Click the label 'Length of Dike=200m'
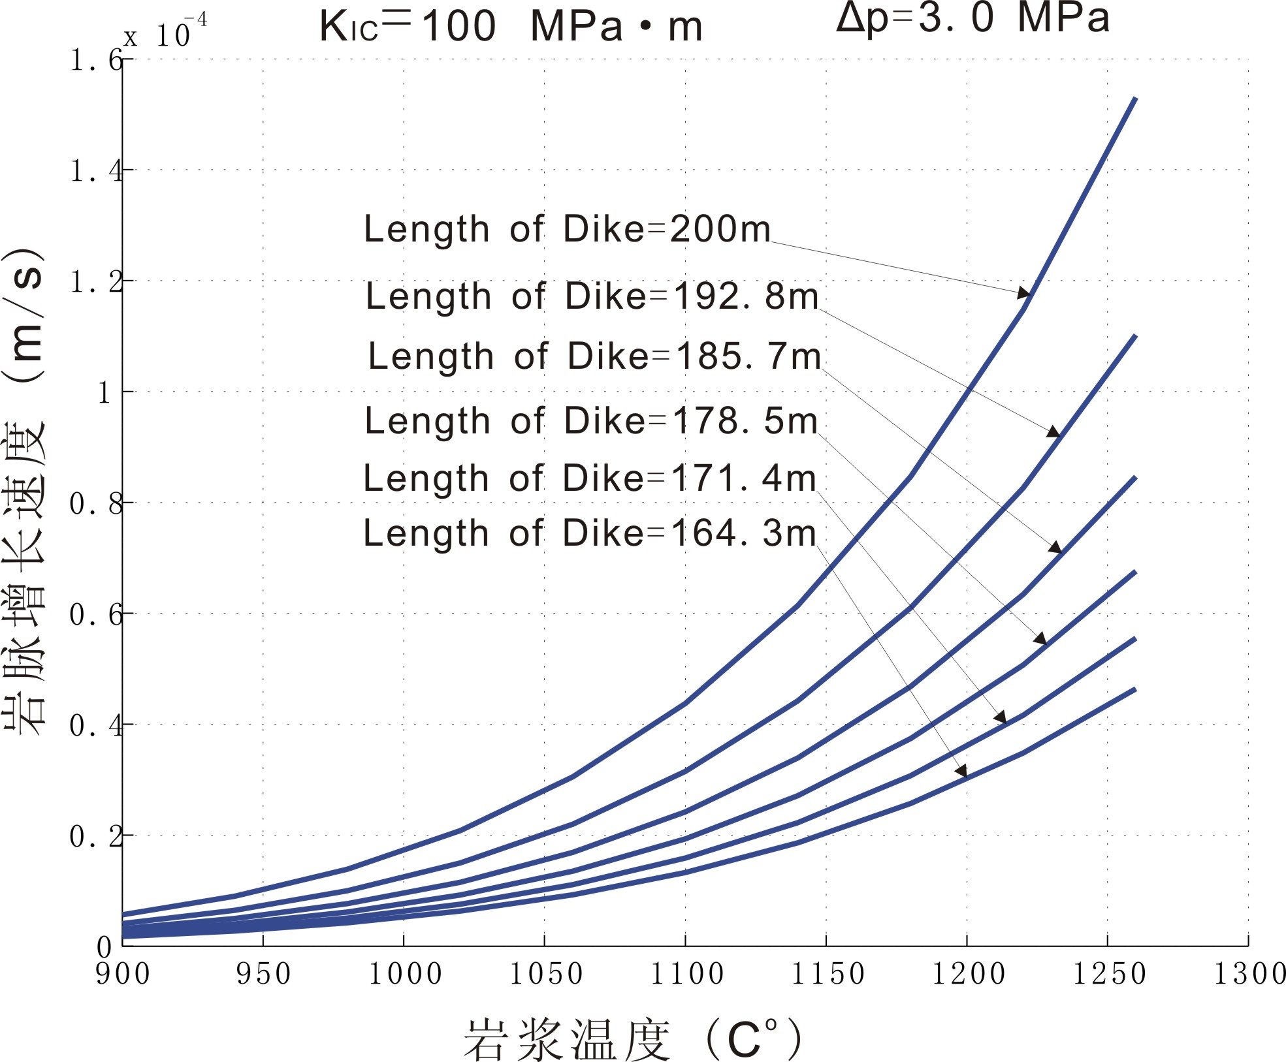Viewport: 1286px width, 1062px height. [567, 229]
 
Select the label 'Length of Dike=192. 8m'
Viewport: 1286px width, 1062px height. [592, 296]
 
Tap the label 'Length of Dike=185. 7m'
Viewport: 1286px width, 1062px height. [594, 356]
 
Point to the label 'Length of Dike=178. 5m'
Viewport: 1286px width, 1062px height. [591, 420]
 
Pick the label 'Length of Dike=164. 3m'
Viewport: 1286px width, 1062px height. [590, 533]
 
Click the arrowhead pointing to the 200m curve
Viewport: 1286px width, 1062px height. [1023, 293]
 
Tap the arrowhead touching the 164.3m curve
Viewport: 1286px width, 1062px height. [961, 772]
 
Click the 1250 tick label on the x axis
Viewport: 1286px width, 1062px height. [1109, 975]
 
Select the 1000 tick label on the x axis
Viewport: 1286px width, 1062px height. [405, 975]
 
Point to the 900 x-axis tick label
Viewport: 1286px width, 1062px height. [123, 975]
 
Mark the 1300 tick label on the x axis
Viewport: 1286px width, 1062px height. [1249, 975]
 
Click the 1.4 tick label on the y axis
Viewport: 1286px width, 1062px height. [96, 172]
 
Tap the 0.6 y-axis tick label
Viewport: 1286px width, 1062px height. [96, 615]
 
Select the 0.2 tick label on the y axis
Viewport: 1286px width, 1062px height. [96, 837]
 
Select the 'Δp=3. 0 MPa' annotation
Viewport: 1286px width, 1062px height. [973, 18]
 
